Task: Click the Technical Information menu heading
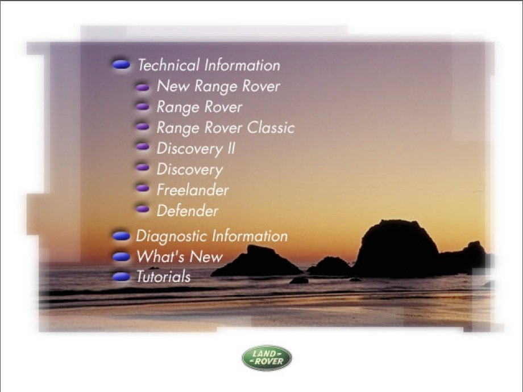(209, 65)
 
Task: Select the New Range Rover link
(218, 86)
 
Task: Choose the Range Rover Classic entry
(226, 128)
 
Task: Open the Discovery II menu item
(196, 149)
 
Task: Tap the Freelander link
(193, 190)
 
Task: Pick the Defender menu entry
(188, 210)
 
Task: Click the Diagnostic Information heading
(211, 236)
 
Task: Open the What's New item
(180, 256)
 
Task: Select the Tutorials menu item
(164, 276)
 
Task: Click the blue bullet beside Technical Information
(121, 64)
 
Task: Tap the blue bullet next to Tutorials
(121, 276)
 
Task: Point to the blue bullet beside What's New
(121, 256)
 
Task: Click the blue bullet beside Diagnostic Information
(121, 236)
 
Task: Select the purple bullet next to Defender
(143, 209)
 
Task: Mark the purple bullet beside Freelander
(143, 188)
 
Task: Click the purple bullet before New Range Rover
(143, 87)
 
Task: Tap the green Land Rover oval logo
(267, 358)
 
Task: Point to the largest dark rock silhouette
(397, 250)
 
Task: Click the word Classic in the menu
(271, 128)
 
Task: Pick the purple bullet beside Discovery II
(143, 146)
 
